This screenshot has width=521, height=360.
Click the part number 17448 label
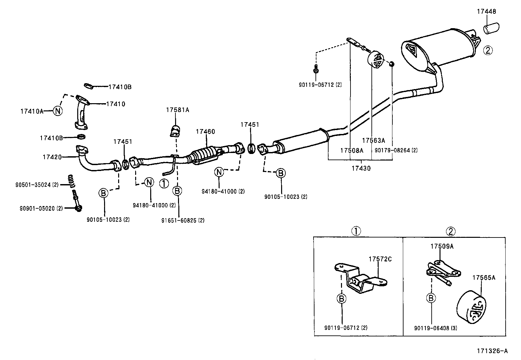(486, 11)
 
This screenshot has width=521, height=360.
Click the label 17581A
(177, 110)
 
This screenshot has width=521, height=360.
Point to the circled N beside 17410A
(58, 111)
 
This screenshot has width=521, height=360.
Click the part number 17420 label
(52, 157)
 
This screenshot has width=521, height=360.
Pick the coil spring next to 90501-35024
(70, 180)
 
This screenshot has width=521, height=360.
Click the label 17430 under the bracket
(361, 168)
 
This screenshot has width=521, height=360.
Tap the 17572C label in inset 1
(380, 259)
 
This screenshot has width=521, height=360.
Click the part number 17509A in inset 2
(442, 247)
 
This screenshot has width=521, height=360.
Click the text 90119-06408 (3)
(435, 328)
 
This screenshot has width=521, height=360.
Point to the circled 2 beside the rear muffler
(488, 50)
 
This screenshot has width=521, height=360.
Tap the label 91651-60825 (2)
(183, 220)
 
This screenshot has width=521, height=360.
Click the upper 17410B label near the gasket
(120, 87)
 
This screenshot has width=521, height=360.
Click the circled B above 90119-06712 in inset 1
(341, 298)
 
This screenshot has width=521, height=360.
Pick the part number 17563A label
(373, 141)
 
